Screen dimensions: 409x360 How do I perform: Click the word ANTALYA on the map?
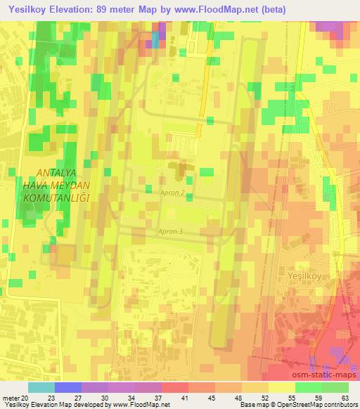click(x=60, y=173)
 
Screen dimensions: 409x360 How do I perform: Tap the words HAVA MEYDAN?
click(x=60, y=186)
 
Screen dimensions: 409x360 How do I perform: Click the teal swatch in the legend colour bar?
click(x=41, y=387)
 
